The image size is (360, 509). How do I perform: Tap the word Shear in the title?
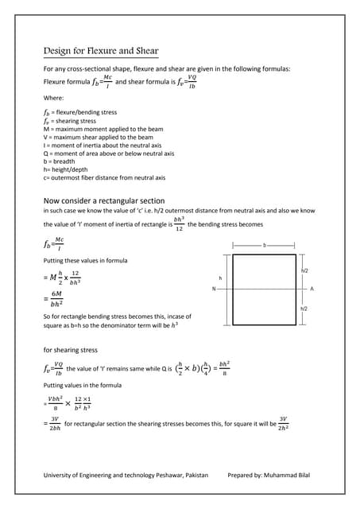(145, 52)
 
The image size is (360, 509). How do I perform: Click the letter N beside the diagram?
(214, 289)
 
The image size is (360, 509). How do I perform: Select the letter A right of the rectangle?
(312, 289)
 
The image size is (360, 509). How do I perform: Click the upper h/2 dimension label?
(304, 271)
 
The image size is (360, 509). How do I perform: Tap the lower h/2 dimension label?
(304, 307)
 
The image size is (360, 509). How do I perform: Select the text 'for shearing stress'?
(70, 349)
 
